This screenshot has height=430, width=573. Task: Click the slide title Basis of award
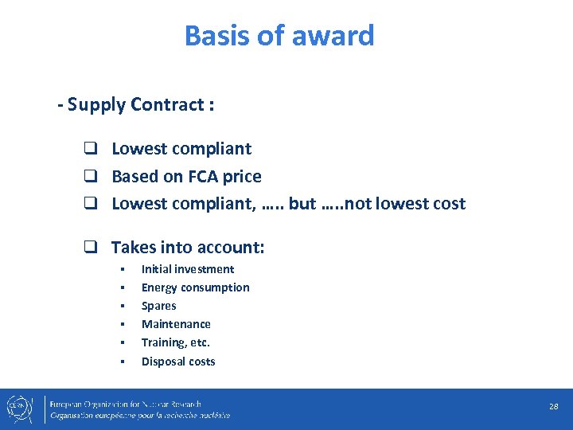coord(279,36)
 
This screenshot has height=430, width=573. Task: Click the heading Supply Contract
coord(135,104)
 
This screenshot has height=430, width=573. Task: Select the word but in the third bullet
coord(302,203)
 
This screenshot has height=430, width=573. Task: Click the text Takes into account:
coord(188,248)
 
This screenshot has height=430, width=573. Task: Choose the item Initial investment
coord(188,269)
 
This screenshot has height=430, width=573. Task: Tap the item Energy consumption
coord(195,287)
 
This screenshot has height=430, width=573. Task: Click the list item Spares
coord(159,306)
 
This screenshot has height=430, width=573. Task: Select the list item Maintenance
coord(176,324)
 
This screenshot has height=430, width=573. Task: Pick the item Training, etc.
coord(176,342)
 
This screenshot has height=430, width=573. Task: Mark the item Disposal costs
coord(178,362)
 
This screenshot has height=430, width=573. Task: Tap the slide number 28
coord(553,406)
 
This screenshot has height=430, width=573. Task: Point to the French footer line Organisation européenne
coord(140,415)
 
